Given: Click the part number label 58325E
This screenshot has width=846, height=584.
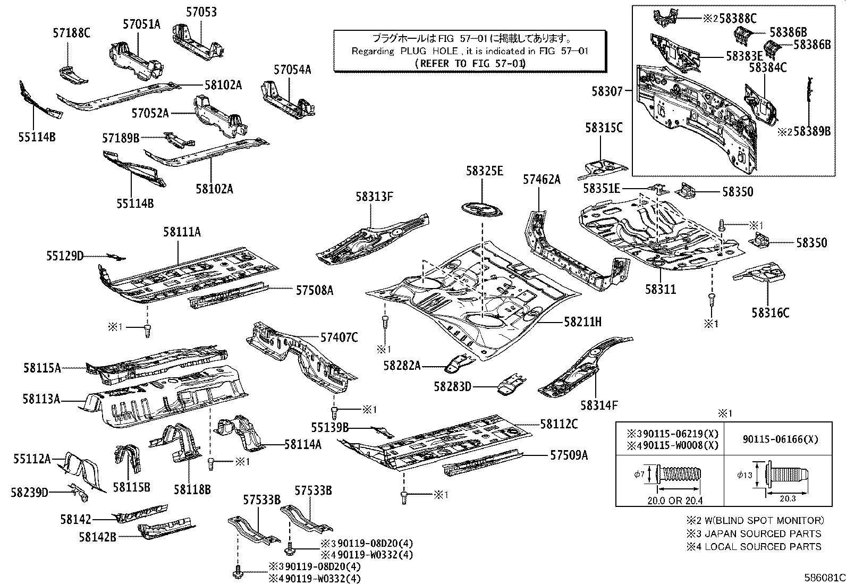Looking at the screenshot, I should [x=484, y=171].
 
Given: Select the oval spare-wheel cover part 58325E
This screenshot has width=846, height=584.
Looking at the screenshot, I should [x=481, y=209].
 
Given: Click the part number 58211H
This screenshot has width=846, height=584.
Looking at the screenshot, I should [x=582, y=321].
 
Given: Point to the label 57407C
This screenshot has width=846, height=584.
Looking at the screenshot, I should [x=339, y=337].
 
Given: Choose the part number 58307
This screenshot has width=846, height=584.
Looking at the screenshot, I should [x=606, y=91].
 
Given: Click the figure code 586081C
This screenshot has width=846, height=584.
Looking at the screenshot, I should [x=823, y=577].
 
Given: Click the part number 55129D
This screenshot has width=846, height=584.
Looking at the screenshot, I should [x=64, y=256].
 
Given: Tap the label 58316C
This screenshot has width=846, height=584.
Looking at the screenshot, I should [x=771, y=312].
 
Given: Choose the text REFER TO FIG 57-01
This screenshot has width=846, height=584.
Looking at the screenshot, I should [x=470, y=63].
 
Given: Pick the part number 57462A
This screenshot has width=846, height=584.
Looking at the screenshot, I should [x=541, y=180].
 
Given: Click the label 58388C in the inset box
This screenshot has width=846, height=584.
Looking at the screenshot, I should [x=738, y=19].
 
